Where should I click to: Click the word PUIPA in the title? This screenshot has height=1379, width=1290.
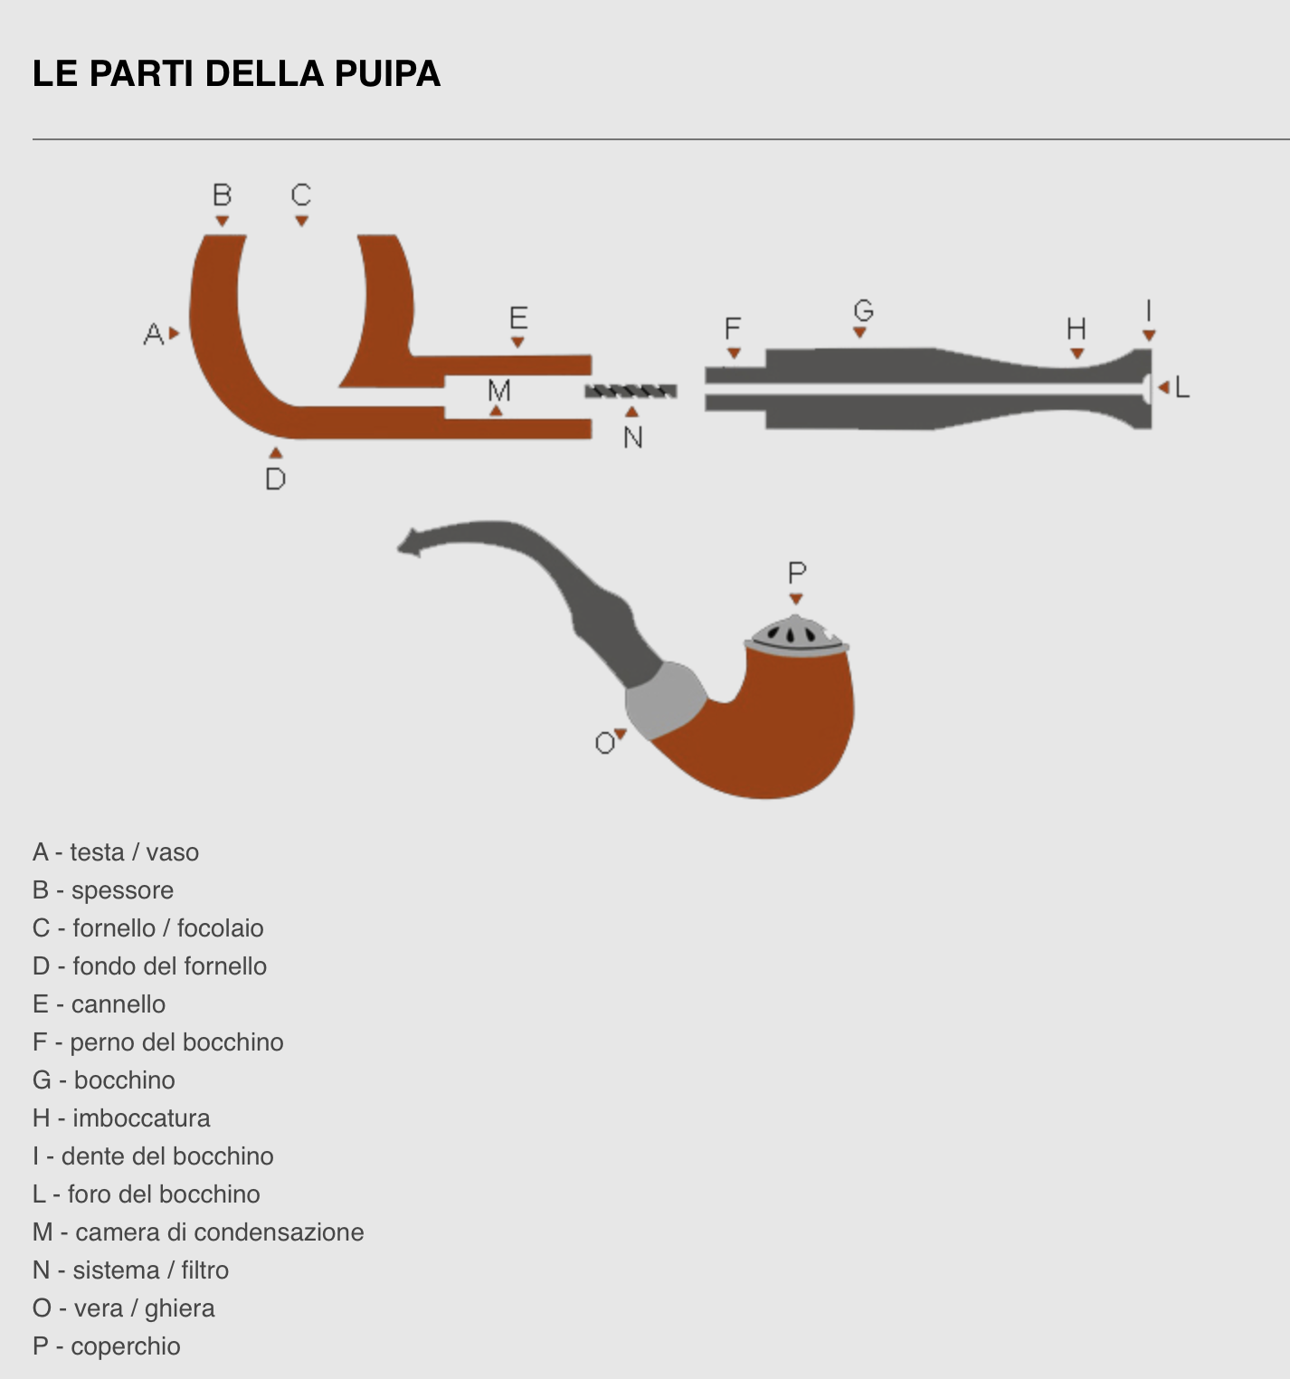387,74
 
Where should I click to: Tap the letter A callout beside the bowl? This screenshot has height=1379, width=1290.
153,334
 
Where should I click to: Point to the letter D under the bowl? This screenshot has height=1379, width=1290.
276,479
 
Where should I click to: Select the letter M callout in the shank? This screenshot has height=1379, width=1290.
498,391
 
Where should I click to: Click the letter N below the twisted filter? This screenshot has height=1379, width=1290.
633,438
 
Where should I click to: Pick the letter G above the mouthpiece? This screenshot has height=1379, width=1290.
863,310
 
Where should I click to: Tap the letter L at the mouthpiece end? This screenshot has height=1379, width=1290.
1181,388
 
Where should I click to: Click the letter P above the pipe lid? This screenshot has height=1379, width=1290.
796,573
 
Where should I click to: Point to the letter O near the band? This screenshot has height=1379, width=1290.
604,744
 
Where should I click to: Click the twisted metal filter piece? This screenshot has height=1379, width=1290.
631,391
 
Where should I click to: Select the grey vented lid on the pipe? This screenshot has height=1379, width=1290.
795,634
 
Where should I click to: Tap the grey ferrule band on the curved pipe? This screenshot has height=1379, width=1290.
665,699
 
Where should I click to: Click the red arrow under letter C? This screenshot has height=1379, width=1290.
301,221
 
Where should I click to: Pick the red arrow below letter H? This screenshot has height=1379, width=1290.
1077,354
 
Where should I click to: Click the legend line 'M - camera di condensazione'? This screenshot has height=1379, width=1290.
198,1232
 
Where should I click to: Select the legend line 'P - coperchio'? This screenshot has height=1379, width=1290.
107,1346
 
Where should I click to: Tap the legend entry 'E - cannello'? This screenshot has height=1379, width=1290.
100,1004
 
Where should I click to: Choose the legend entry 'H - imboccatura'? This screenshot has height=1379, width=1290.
121,1118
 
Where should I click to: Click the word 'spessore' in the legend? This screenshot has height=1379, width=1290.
122,890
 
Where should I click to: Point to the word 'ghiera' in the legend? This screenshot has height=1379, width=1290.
179,1308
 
